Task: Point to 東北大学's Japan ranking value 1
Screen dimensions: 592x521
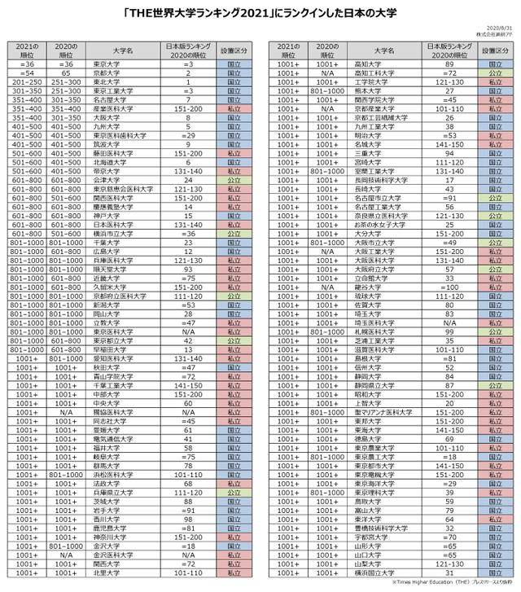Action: [188, 81]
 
